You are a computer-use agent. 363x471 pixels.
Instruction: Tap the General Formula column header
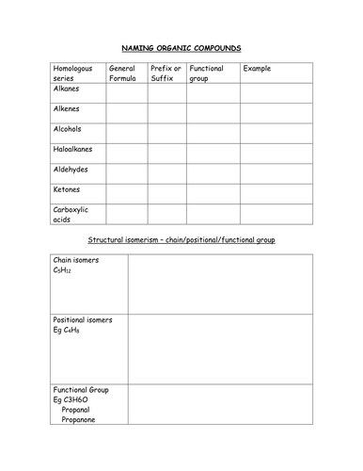click(x=126, y=73)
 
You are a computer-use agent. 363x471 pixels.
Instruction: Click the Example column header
click(x=257, y=69)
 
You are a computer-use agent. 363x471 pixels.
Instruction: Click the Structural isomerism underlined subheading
click(x=181, y=240)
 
